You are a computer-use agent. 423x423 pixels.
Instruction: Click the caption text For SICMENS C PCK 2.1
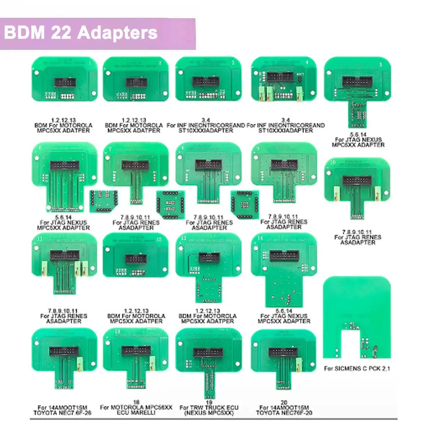point(358,369)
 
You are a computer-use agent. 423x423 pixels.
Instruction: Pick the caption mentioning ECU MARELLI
point(136,410)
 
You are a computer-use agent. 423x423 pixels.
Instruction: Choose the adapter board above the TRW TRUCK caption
point(208,361)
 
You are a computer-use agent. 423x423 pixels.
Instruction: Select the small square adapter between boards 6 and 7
point(103,201)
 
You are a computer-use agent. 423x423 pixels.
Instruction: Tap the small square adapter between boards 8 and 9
point(244,204)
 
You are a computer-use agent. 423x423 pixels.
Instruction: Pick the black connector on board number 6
point(65,165)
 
